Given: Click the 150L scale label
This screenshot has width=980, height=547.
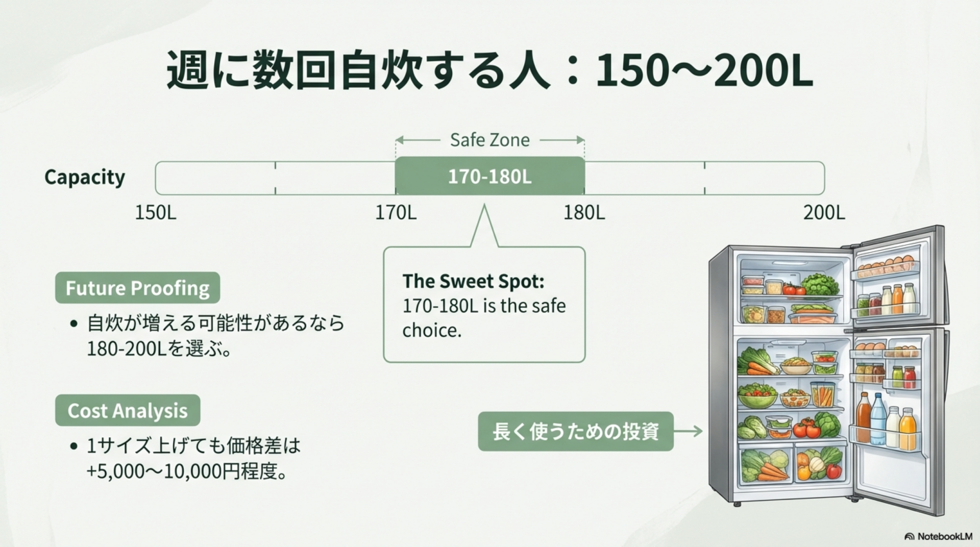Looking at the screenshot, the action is tap(156, 212).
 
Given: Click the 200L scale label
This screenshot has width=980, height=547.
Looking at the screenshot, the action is tap(824, 212).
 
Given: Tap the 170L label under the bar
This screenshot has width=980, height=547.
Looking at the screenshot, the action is tap(396, 212).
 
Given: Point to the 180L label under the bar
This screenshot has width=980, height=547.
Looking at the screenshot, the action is tap(584, 212).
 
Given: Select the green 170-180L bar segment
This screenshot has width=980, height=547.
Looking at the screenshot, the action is tap(490, 176).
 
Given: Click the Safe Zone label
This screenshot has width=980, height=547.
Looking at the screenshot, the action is tap(490, 140).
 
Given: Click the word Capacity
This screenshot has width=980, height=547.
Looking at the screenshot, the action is tap(85, 178).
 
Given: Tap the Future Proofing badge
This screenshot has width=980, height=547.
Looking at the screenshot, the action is tap(137, 288).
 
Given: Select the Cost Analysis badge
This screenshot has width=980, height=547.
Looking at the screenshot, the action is tap(128, 410).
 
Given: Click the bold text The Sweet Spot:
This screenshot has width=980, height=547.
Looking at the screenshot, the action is tap(474, 281).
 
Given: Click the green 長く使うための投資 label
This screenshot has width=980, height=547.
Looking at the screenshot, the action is tap(576, 431).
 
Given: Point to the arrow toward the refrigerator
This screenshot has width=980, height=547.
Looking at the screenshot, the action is tap(688, 431).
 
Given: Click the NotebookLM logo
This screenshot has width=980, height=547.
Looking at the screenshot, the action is tap(938, 536).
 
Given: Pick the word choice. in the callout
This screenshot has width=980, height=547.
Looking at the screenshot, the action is tap(432, 330).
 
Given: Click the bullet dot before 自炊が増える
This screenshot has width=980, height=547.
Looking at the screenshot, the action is tap(75, 324).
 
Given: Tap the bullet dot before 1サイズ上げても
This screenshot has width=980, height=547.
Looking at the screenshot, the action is tap(75, 446).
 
